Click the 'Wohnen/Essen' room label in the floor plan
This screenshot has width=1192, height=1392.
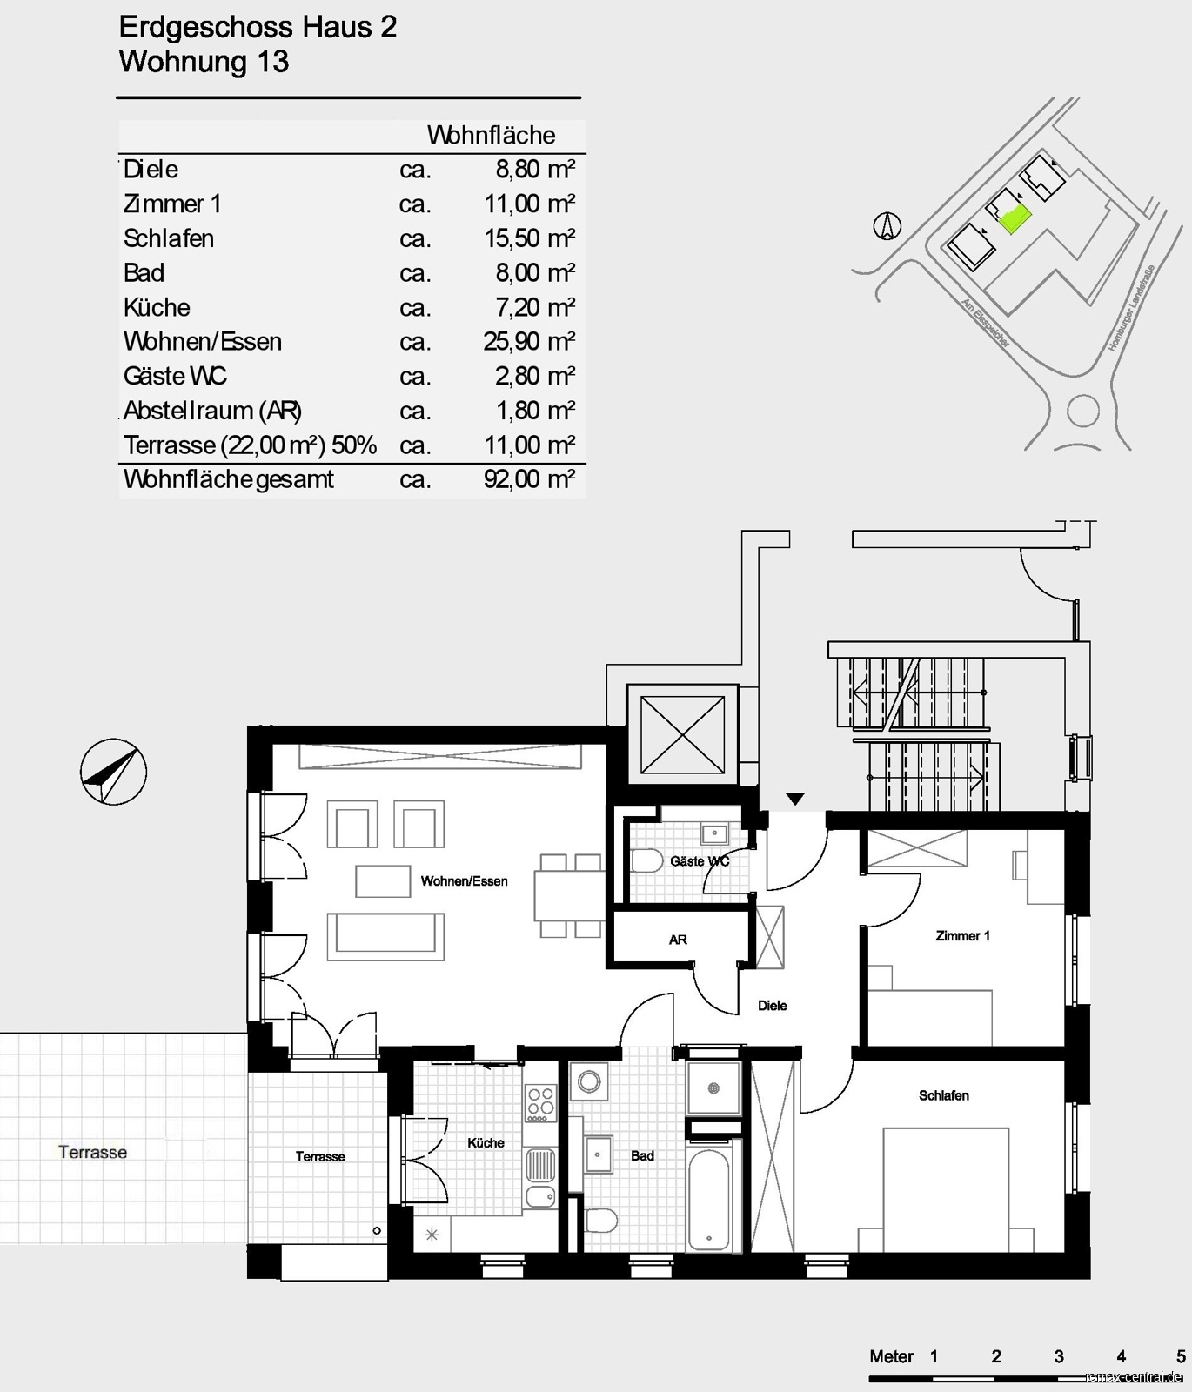464,881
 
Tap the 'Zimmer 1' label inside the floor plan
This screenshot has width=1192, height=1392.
962,936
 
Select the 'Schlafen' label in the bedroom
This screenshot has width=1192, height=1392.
944,1095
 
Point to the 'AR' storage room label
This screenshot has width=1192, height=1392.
678,940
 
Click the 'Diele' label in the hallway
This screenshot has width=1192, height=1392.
772,1006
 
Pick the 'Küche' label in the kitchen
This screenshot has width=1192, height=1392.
486,1143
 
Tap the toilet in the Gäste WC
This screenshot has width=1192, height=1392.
646,861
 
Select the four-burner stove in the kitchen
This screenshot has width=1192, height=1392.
540,1102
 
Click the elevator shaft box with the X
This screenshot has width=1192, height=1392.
682,735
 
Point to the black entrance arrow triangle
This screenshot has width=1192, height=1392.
795,799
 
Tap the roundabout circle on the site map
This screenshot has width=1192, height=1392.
1083,411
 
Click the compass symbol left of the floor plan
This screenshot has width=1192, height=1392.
113,772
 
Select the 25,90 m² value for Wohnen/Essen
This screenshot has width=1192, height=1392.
529,341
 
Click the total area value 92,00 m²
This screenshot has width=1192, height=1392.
529,479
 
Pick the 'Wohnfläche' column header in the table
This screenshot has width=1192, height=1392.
491,136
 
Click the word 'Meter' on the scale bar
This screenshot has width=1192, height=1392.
892,1356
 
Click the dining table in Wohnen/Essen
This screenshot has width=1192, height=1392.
570,896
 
